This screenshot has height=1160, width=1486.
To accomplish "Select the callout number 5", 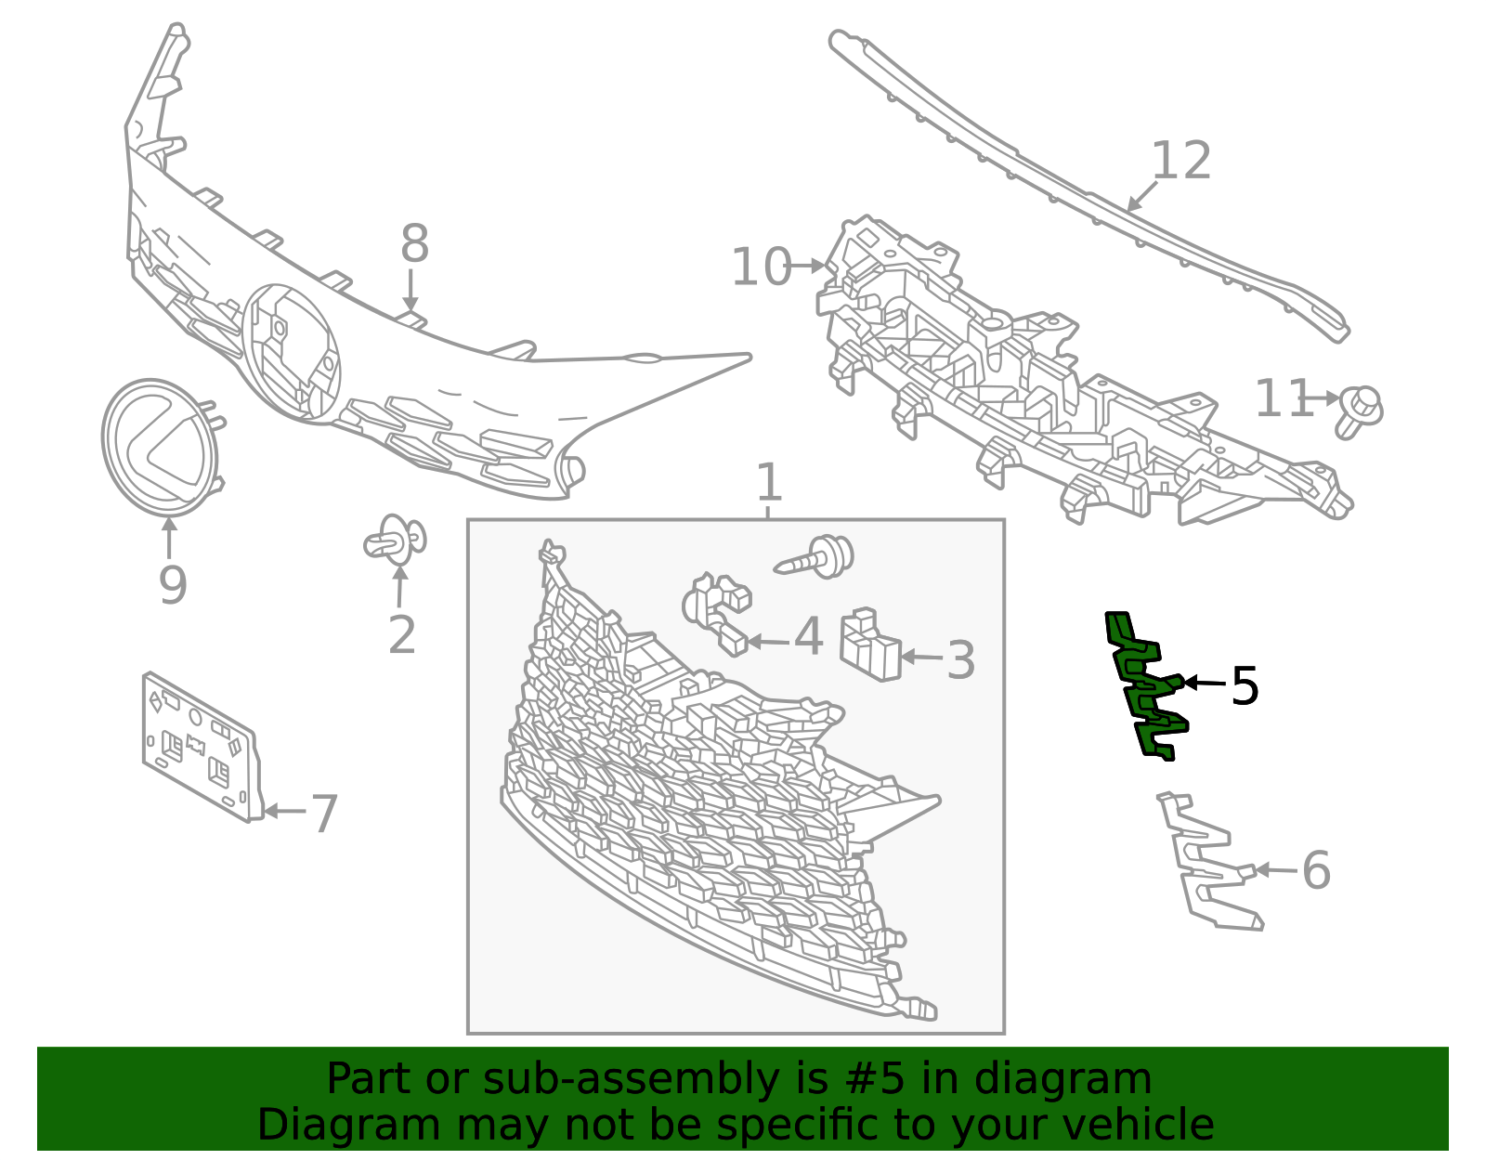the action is click(1245, 686).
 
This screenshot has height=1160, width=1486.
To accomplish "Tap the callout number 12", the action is click(1181, 162).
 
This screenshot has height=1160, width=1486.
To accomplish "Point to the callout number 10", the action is click(762, 267).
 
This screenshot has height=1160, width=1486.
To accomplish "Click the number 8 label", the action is click(414, 243).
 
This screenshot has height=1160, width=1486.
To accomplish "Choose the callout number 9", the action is click(173, 585).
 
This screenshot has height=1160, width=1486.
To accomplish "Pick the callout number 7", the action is click(324, 815).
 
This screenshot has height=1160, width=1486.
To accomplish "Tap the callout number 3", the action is click(960, 660).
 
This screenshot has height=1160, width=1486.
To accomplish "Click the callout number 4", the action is click(808, 636).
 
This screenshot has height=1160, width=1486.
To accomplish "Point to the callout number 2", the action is click(401, 635).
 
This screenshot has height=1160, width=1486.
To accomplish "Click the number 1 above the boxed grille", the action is click(769, 482).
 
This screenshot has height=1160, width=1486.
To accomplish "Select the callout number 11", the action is click(1284, 398).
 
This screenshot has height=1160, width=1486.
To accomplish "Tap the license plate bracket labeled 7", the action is click(202, 747).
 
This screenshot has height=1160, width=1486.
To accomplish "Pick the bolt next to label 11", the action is click(1359, 411).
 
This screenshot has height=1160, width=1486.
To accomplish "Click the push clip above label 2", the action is click(396, 540).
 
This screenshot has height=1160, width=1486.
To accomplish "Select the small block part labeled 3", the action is click(870, 644).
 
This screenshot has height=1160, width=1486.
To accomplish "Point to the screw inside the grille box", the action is click(815, 557).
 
